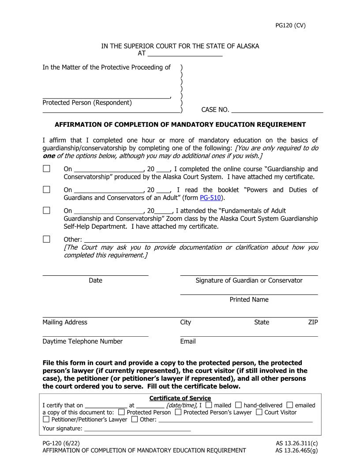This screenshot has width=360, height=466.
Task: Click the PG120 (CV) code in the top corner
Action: tap(290, 25)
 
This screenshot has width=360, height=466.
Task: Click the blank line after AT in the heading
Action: tap(185, 54)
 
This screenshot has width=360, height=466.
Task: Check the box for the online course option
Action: tap(46, 169)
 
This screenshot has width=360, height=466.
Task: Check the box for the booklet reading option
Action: tap(46, 189)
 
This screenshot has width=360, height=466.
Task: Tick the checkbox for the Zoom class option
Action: tap(46, 210)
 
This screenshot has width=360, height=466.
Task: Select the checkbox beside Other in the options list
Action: tap(46, 239)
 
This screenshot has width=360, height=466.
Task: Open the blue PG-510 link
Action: tap(210, 198)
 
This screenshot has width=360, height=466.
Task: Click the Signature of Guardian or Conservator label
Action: tap(249, 280)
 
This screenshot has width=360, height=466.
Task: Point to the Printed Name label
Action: tap(249, 300)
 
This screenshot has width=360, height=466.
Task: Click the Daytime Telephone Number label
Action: tap(82, 341)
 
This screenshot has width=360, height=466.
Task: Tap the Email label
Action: tap(188, 341)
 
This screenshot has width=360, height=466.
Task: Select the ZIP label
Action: tap(313, 322)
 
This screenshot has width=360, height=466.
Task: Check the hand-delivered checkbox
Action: tap(238, 405)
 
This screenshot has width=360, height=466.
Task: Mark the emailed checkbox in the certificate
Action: tap(290, 405)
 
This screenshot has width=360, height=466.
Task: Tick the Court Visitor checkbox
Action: tap(259, 412)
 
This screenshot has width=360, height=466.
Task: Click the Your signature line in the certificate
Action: tap(137, 428)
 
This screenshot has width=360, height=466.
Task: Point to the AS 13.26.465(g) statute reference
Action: tap(296, 450)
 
